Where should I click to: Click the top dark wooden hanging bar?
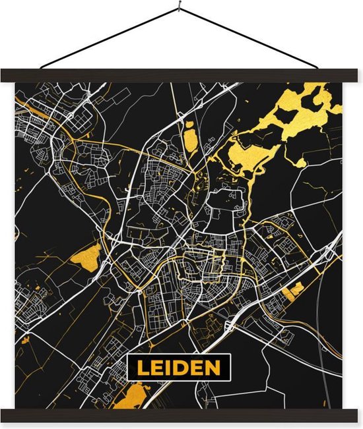coord(181,75)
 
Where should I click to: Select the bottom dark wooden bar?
coord(181,415)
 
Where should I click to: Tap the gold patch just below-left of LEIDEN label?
coord(135,396)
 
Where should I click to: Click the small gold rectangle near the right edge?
coord(298,288)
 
